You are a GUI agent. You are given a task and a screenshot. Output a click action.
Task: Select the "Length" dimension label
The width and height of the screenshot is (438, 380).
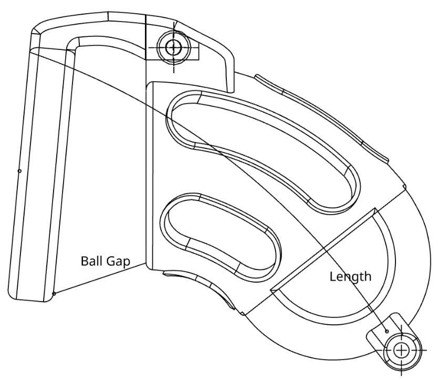coord(350,276)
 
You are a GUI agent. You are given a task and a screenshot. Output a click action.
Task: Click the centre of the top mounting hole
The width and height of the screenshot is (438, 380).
coord(173,47)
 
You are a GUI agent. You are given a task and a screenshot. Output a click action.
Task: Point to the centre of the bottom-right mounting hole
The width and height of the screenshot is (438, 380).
coord(402,350)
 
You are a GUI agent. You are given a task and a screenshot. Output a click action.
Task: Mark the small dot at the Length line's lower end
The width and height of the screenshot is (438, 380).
coord(387,331)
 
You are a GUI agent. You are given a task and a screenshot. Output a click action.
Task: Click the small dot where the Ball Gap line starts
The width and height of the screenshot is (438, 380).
coord(54,294)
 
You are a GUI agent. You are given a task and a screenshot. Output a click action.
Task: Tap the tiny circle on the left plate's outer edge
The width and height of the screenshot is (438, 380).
coord(19,171)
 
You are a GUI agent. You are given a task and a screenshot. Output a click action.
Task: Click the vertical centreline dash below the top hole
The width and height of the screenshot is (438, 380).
coord(173,66)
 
